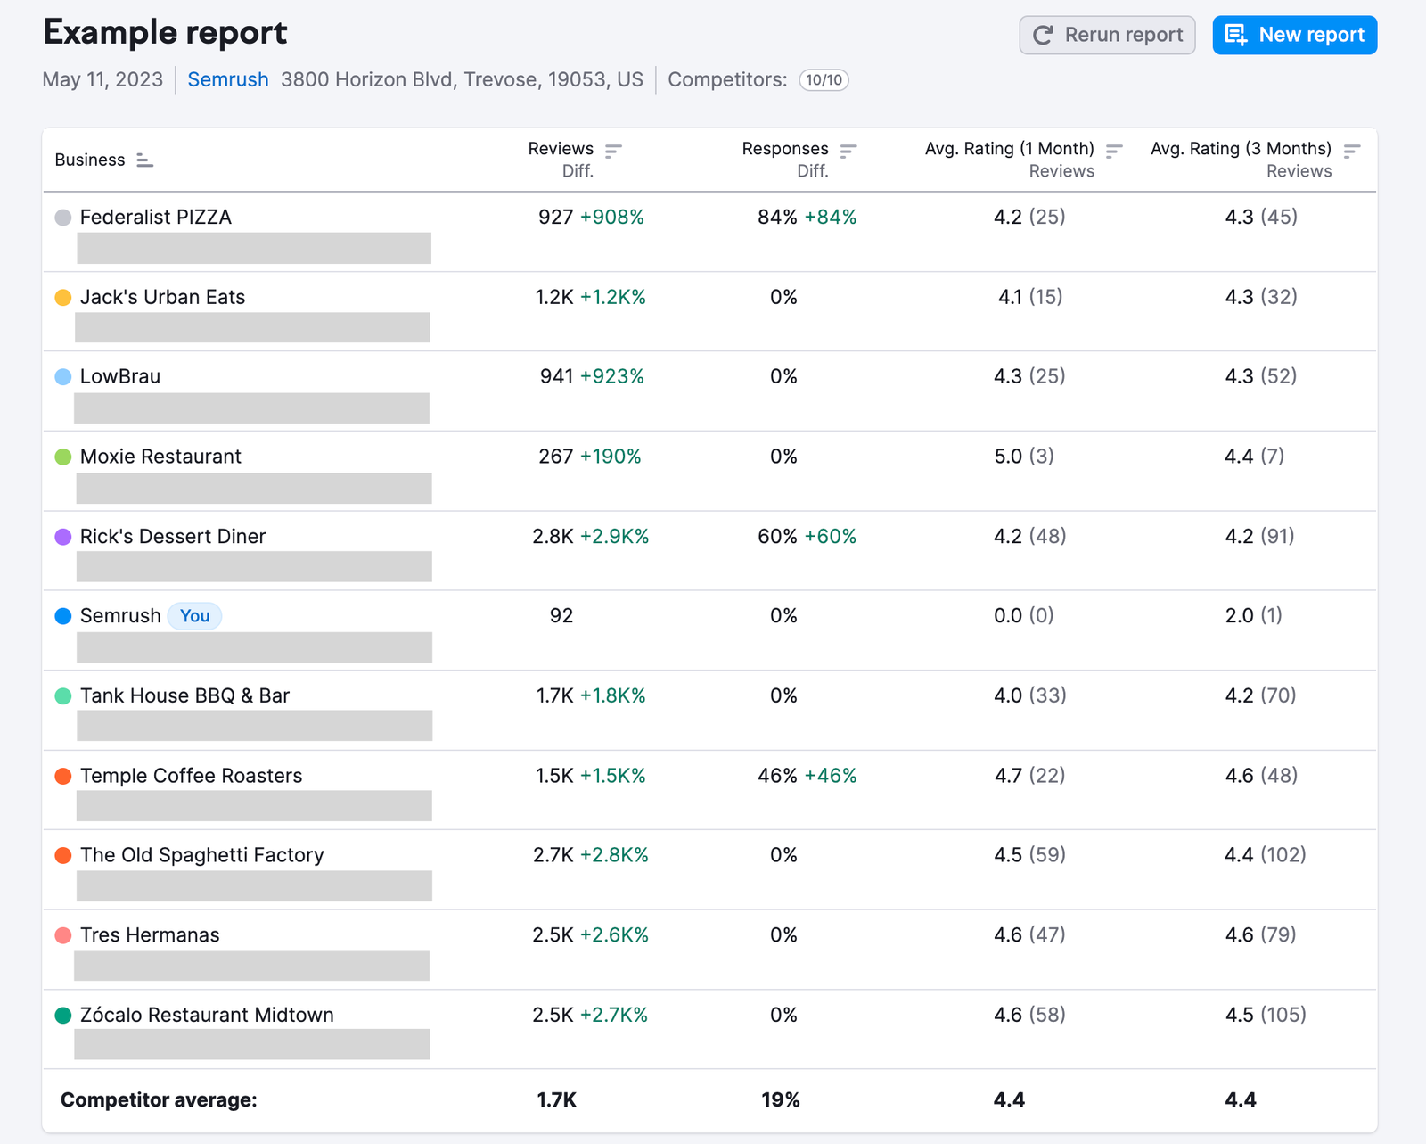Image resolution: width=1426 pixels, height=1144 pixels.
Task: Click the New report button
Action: coord(1294,35)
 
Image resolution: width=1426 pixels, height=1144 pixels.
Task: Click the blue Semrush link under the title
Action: coord(228,79)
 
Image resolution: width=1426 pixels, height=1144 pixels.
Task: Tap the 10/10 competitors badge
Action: coord(824,80)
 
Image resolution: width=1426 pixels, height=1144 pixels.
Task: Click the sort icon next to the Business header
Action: coord(144,160)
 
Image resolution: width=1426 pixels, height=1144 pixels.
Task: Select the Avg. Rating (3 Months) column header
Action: coord(1241,149)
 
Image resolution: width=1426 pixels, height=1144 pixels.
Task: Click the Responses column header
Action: coord(785,149)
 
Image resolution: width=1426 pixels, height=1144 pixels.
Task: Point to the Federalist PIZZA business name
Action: coord(156,218)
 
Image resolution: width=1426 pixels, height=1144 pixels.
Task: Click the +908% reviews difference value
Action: coord(612,218)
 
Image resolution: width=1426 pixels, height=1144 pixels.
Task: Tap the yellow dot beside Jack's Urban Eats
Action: coord(63,298)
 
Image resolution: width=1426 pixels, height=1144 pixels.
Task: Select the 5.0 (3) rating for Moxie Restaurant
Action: coord(1023,457)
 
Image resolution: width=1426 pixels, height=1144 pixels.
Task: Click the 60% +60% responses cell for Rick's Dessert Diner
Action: coord(807,537)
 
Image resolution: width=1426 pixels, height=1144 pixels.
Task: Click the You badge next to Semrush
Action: coord(194,616)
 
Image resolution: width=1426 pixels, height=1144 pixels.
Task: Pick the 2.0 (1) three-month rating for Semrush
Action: coord(1253,616)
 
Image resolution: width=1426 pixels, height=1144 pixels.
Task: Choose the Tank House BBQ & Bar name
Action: coord(184,695)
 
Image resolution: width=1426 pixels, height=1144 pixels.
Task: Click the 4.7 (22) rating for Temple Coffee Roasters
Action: coord(1029,776)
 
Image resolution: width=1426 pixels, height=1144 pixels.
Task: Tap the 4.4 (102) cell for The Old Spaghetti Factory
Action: coord(1265,855)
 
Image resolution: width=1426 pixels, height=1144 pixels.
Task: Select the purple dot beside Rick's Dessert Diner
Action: coord(63,537)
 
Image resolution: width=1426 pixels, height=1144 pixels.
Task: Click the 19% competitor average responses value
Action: coord(781,1100)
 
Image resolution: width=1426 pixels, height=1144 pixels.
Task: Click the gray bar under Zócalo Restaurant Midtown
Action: coord(251,1044)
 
